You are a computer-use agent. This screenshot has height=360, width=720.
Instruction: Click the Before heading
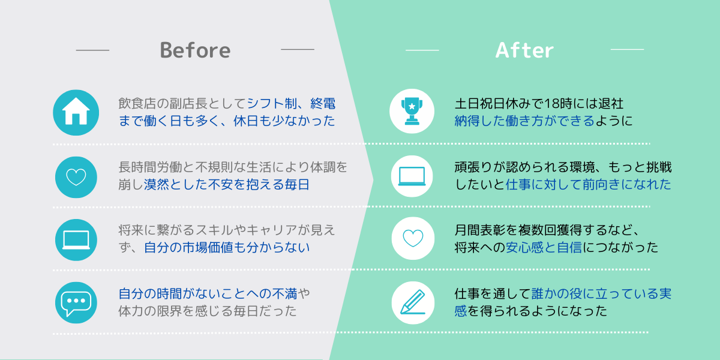pos(195,50)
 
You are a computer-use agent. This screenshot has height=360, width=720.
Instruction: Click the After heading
pos(524,50)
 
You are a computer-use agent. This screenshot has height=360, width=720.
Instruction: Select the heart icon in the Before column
pos(76,177)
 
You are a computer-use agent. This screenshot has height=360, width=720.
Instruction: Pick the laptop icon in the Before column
pos(76,240)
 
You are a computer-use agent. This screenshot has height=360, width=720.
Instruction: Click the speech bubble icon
pos(76,303)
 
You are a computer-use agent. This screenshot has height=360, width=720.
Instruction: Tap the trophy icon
pos(412,111)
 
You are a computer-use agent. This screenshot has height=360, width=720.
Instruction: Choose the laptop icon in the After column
pos(412,176)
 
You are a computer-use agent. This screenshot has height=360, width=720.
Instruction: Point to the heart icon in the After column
pos(413,238)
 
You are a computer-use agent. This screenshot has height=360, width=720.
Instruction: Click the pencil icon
pos(413,302)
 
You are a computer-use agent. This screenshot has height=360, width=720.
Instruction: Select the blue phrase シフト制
pos(272,103)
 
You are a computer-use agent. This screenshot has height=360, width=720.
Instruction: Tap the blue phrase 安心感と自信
pos(544,247)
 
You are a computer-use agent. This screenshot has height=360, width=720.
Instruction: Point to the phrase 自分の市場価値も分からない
pos(227,247)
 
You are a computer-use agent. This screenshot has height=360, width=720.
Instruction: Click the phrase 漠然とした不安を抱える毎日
pos(227,185)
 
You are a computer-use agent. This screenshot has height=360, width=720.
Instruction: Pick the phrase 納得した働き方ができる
pos(524,121)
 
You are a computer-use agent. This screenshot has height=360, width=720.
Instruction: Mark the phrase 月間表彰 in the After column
pos(480,230)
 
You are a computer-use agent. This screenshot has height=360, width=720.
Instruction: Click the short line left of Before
pos(92,50)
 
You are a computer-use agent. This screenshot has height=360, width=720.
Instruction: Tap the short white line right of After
pos(627,49)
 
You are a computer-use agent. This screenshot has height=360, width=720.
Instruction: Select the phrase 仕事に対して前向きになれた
pos(589,185)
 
